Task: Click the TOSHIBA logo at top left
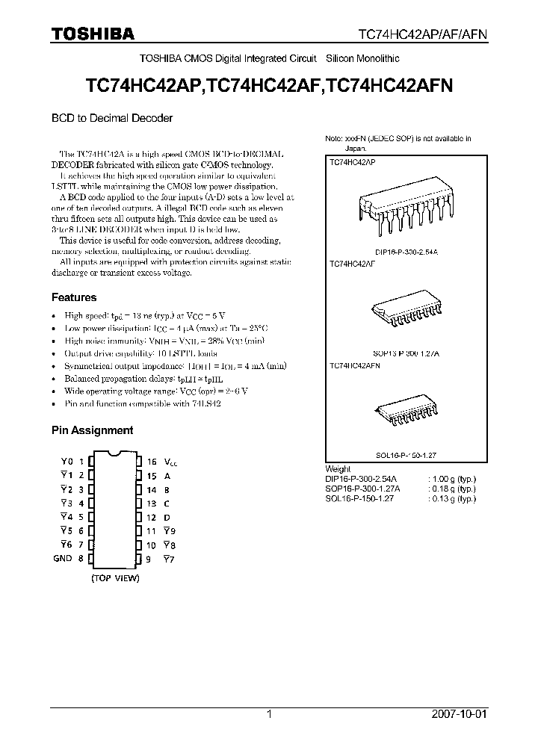[x=93, y=34]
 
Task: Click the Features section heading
[x=73, y=297]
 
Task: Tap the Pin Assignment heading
[x=92, y=430]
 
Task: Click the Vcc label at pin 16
[x=171, y=462]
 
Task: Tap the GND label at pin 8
[x=63, y=558]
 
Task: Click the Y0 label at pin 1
[x=65, y=462]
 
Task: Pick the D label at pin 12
[x=167, y=517]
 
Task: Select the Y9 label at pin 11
[x=169, y=530]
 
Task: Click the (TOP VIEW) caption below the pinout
[x=114, y=577]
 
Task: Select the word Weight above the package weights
[x=338, y=469]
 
